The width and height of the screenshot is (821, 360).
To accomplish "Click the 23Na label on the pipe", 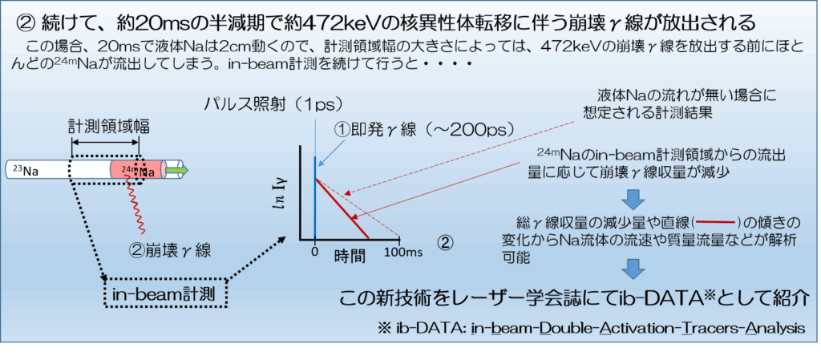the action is tap(25, 170).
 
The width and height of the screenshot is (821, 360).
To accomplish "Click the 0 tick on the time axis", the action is tap(314, 252).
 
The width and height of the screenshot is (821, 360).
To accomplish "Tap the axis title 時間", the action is tap(350, 256).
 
